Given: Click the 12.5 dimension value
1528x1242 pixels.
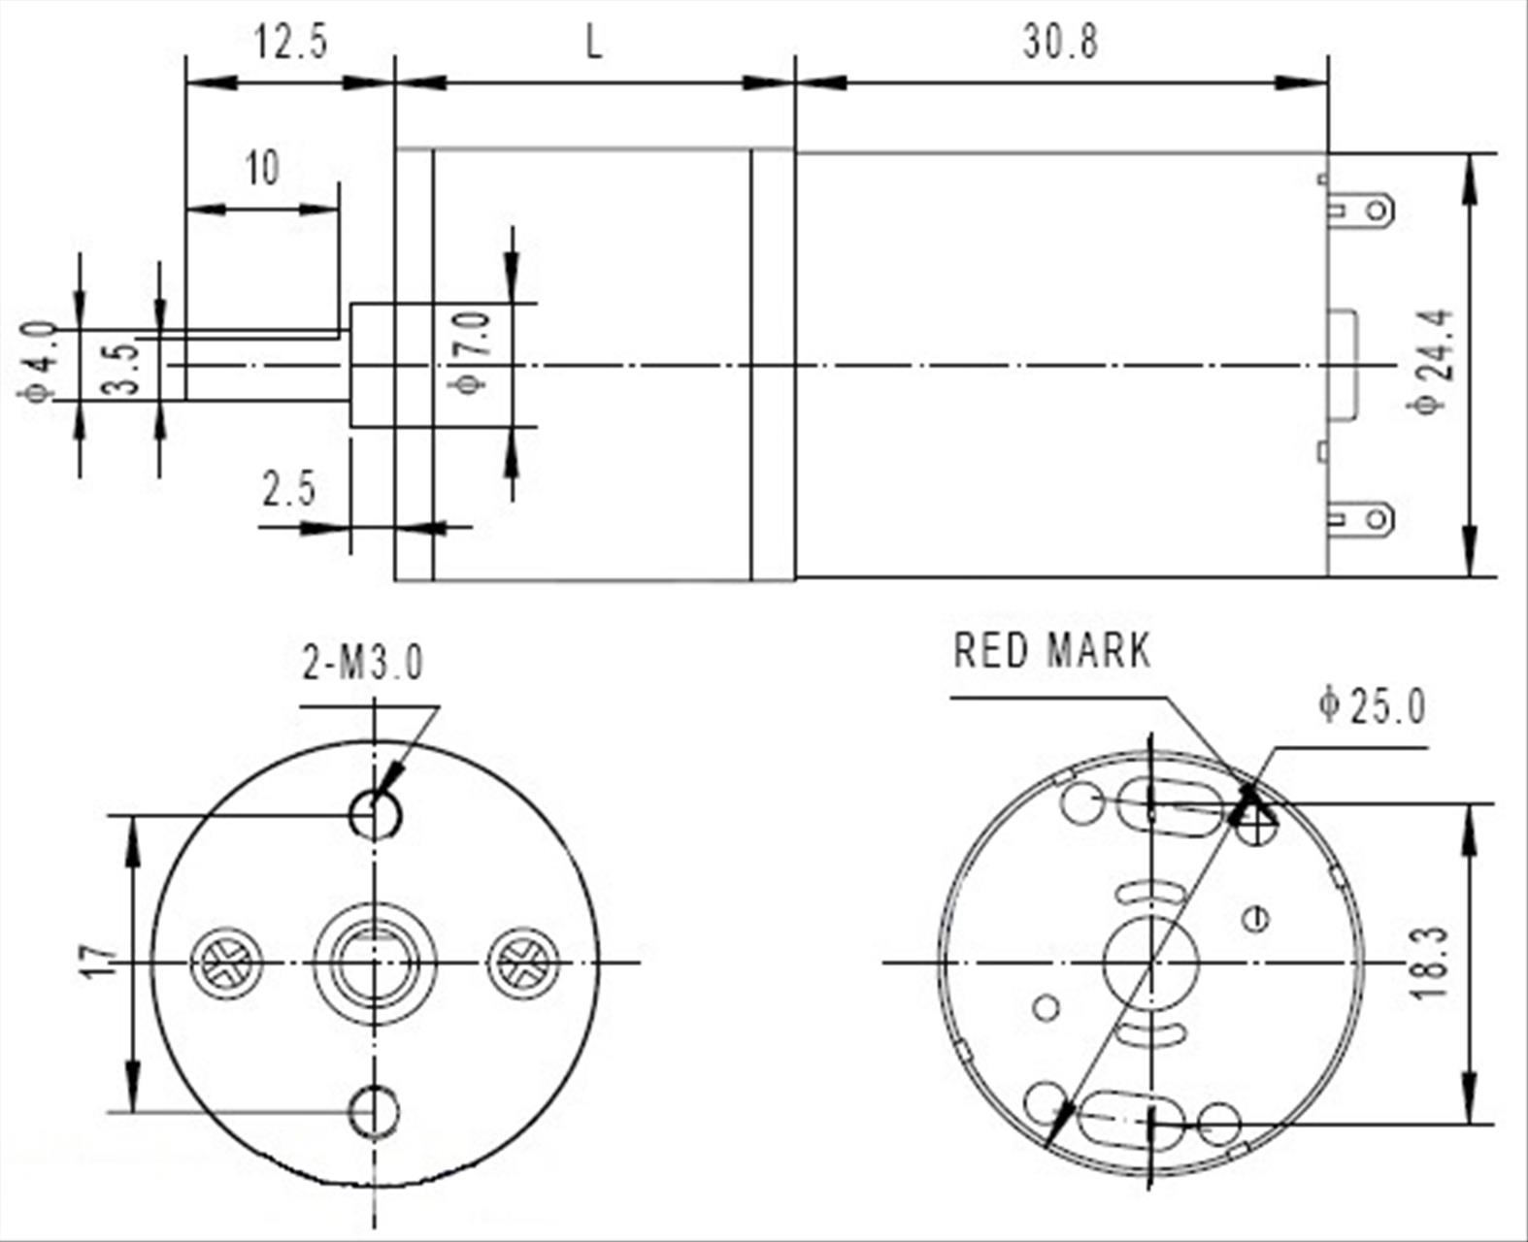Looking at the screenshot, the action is [291, 43].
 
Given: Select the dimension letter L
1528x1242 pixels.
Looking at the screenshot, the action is [594, 43].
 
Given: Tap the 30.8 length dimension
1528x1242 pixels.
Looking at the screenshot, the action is [1060, 43].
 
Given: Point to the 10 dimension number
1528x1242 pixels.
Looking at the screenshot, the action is [262, 169].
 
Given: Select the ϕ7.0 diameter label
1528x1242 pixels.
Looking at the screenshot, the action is [472, 352].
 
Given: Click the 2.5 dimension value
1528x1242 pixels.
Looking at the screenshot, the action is [288, 490].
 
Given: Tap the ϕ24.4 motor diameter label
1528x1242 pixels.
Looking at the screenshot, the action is [1433, 361].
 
